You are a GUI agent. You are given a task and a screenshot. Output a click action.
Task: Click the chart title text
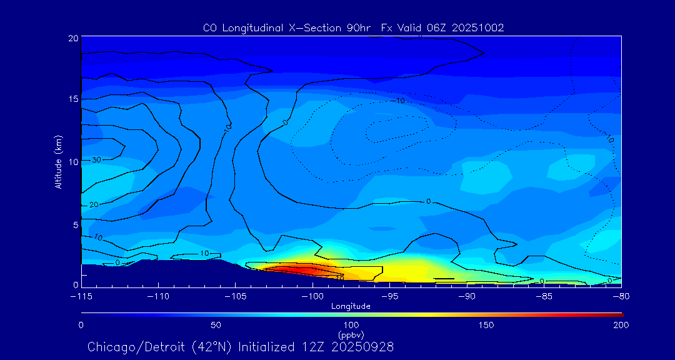[353, 27]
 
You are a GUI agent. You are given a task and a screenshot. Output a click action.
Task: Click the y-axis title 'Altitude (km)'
[58, 162]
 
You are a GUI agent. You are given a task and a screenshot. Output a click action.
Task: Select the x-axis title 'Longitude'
[351, 306]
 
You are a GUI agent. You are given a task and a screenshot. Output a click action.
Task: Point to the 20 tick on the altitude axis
[73, 38]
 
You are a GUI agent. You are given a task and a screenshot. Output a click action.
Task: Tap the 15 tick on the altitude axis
[73, 99]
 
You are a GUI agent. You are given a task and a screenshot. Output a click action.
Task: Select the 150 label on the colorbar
[486, 325]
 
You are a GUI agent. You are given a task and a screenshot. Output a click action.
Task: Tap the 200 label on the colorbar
[621, 325]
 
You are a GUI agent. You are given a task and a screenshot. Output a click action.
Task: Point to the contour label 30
[96, 160]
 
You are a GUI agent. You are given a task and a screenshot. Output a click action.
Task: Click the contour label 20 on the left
[94, 205]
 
